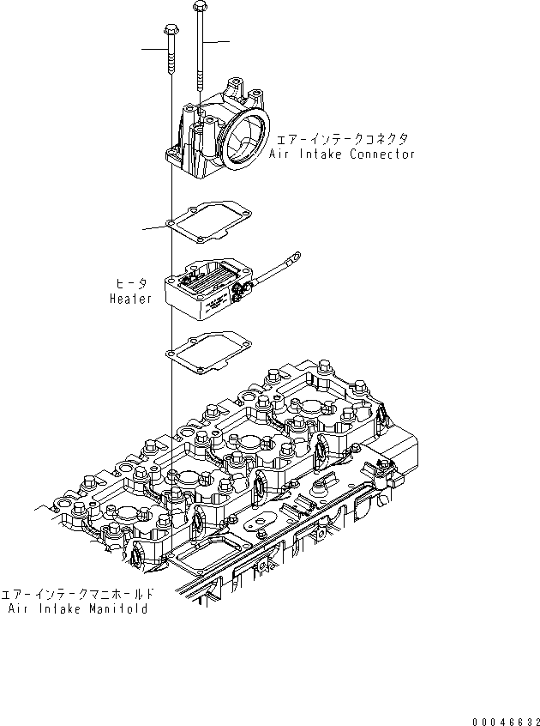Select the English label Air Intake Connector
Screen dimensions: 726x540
pos(341,154)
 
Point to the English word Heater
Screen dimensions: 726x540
pos(130,298)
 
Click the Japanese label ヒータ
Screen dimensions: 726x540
pos(131,282)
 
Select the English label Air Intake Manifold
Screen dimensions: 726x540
pos(78,608)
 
